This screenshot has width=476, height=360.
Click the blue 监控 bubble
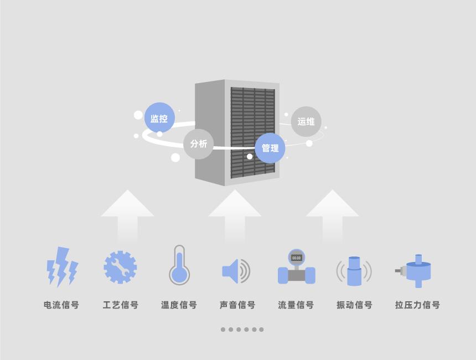coord(159,117)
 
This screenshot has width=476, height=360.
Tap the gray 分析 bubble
coord(199,144)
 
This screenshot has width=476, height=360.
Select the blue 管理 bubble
coord(270,148)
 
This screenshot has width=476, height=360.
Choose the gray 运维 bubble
coord(306,121)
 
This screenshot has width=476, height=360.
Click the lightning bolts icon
coord(62,267)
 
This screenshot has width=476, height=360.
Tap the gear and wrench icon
coord(120,268)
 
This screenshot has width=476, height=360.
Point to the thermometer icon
coord(179,265)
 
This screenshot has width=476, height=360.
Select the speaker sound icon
coord(236,271)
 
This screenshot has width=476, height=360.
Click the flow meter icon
coord(297,267)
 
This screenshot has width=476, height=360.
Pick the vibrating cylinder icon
coord(354,271)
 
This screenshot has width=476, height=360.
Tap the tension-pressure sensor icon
coord(413,271)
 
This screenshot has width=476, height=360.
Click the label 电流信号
coord(61,305)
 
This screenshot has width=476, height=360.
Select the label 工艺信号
coord(121,305)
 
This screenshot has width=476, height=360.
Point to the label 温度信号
coord(179,305)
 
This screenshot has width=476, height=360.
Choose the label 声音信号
coord(237,305)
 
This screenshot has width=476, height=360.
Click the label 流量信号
coord(296,305)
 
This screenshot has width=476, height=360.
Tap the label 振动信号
coord(355,305)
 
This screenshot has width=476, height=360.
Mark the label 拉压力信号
coord(417,305)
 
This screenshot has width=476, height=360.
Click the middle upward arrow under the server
coord(235,217)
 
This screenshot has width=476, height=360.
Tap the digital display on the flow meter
coord(296,258)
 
